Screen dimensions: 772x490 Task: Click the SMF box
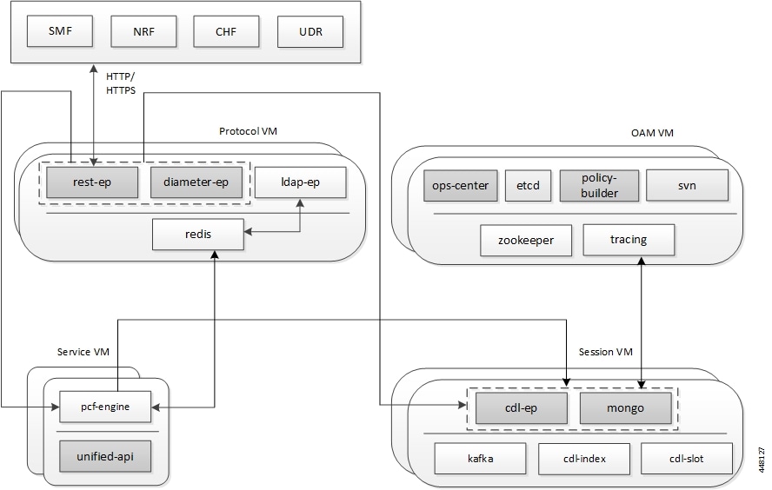click(x=60, y=31)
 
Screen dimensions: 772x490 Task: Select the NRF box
click(x=143, y=31)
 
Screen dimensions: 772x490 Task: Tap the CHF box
click(x=226, y=31)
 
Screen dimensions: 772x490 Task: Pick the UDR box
click(x=310, y=31)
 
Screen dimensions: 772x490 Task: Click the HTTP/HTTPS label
click(x=121, y=83)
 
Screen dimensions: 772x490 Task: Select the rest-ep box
click(x=92, y=182)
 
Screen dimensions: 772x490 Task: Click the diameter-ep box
click(x=196, y=182)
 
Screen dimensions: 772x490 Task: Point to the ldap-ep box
click(x=300, y=182)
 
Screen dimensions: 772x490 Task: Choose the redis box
click(x=198, y=235)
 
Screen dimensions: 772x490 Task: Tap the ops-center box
click(x=461, y=185)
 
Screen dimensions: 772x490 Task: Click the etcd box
click(x=528, y=185)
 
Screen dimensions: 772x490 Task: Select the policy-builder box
click(x=599, y=185)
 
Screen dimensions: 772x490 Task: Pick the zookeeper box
click(x=526, y=240)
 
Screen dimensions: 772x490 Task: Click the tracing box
click(x=629, y=240)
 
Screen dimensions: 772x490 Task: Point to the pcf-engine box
click(x=105, y=407)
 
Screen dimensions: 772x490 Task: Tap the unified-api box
click(x=105, y=456)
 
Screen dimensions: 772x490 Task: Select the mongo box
click(x=625, y=407)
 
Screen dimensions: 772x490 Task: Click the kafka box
click(x=480, y=459)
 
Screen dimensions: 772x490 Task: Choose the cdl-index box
click(x=584, y=459)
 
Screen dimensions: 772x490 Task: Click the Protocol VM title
click(x=248, y=131)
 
